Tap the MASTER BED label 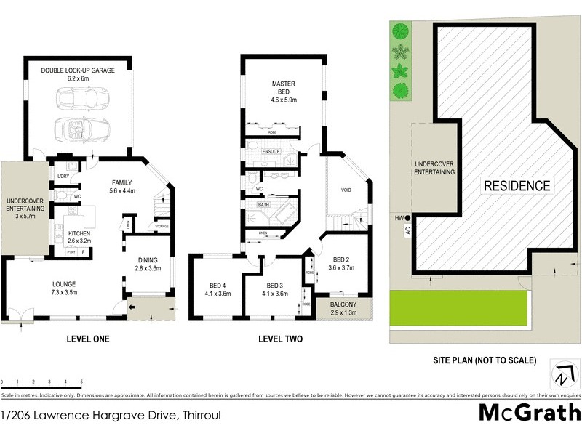[x=283, y=84]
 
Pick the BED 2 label [x=342, y=259]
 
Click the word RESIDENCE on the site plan [x=517, y=185]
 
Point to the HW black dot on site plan [x=410, y=218]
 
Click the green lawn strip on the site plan [x=458, y=309]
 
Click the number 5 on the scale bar [x=81, y=381]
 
